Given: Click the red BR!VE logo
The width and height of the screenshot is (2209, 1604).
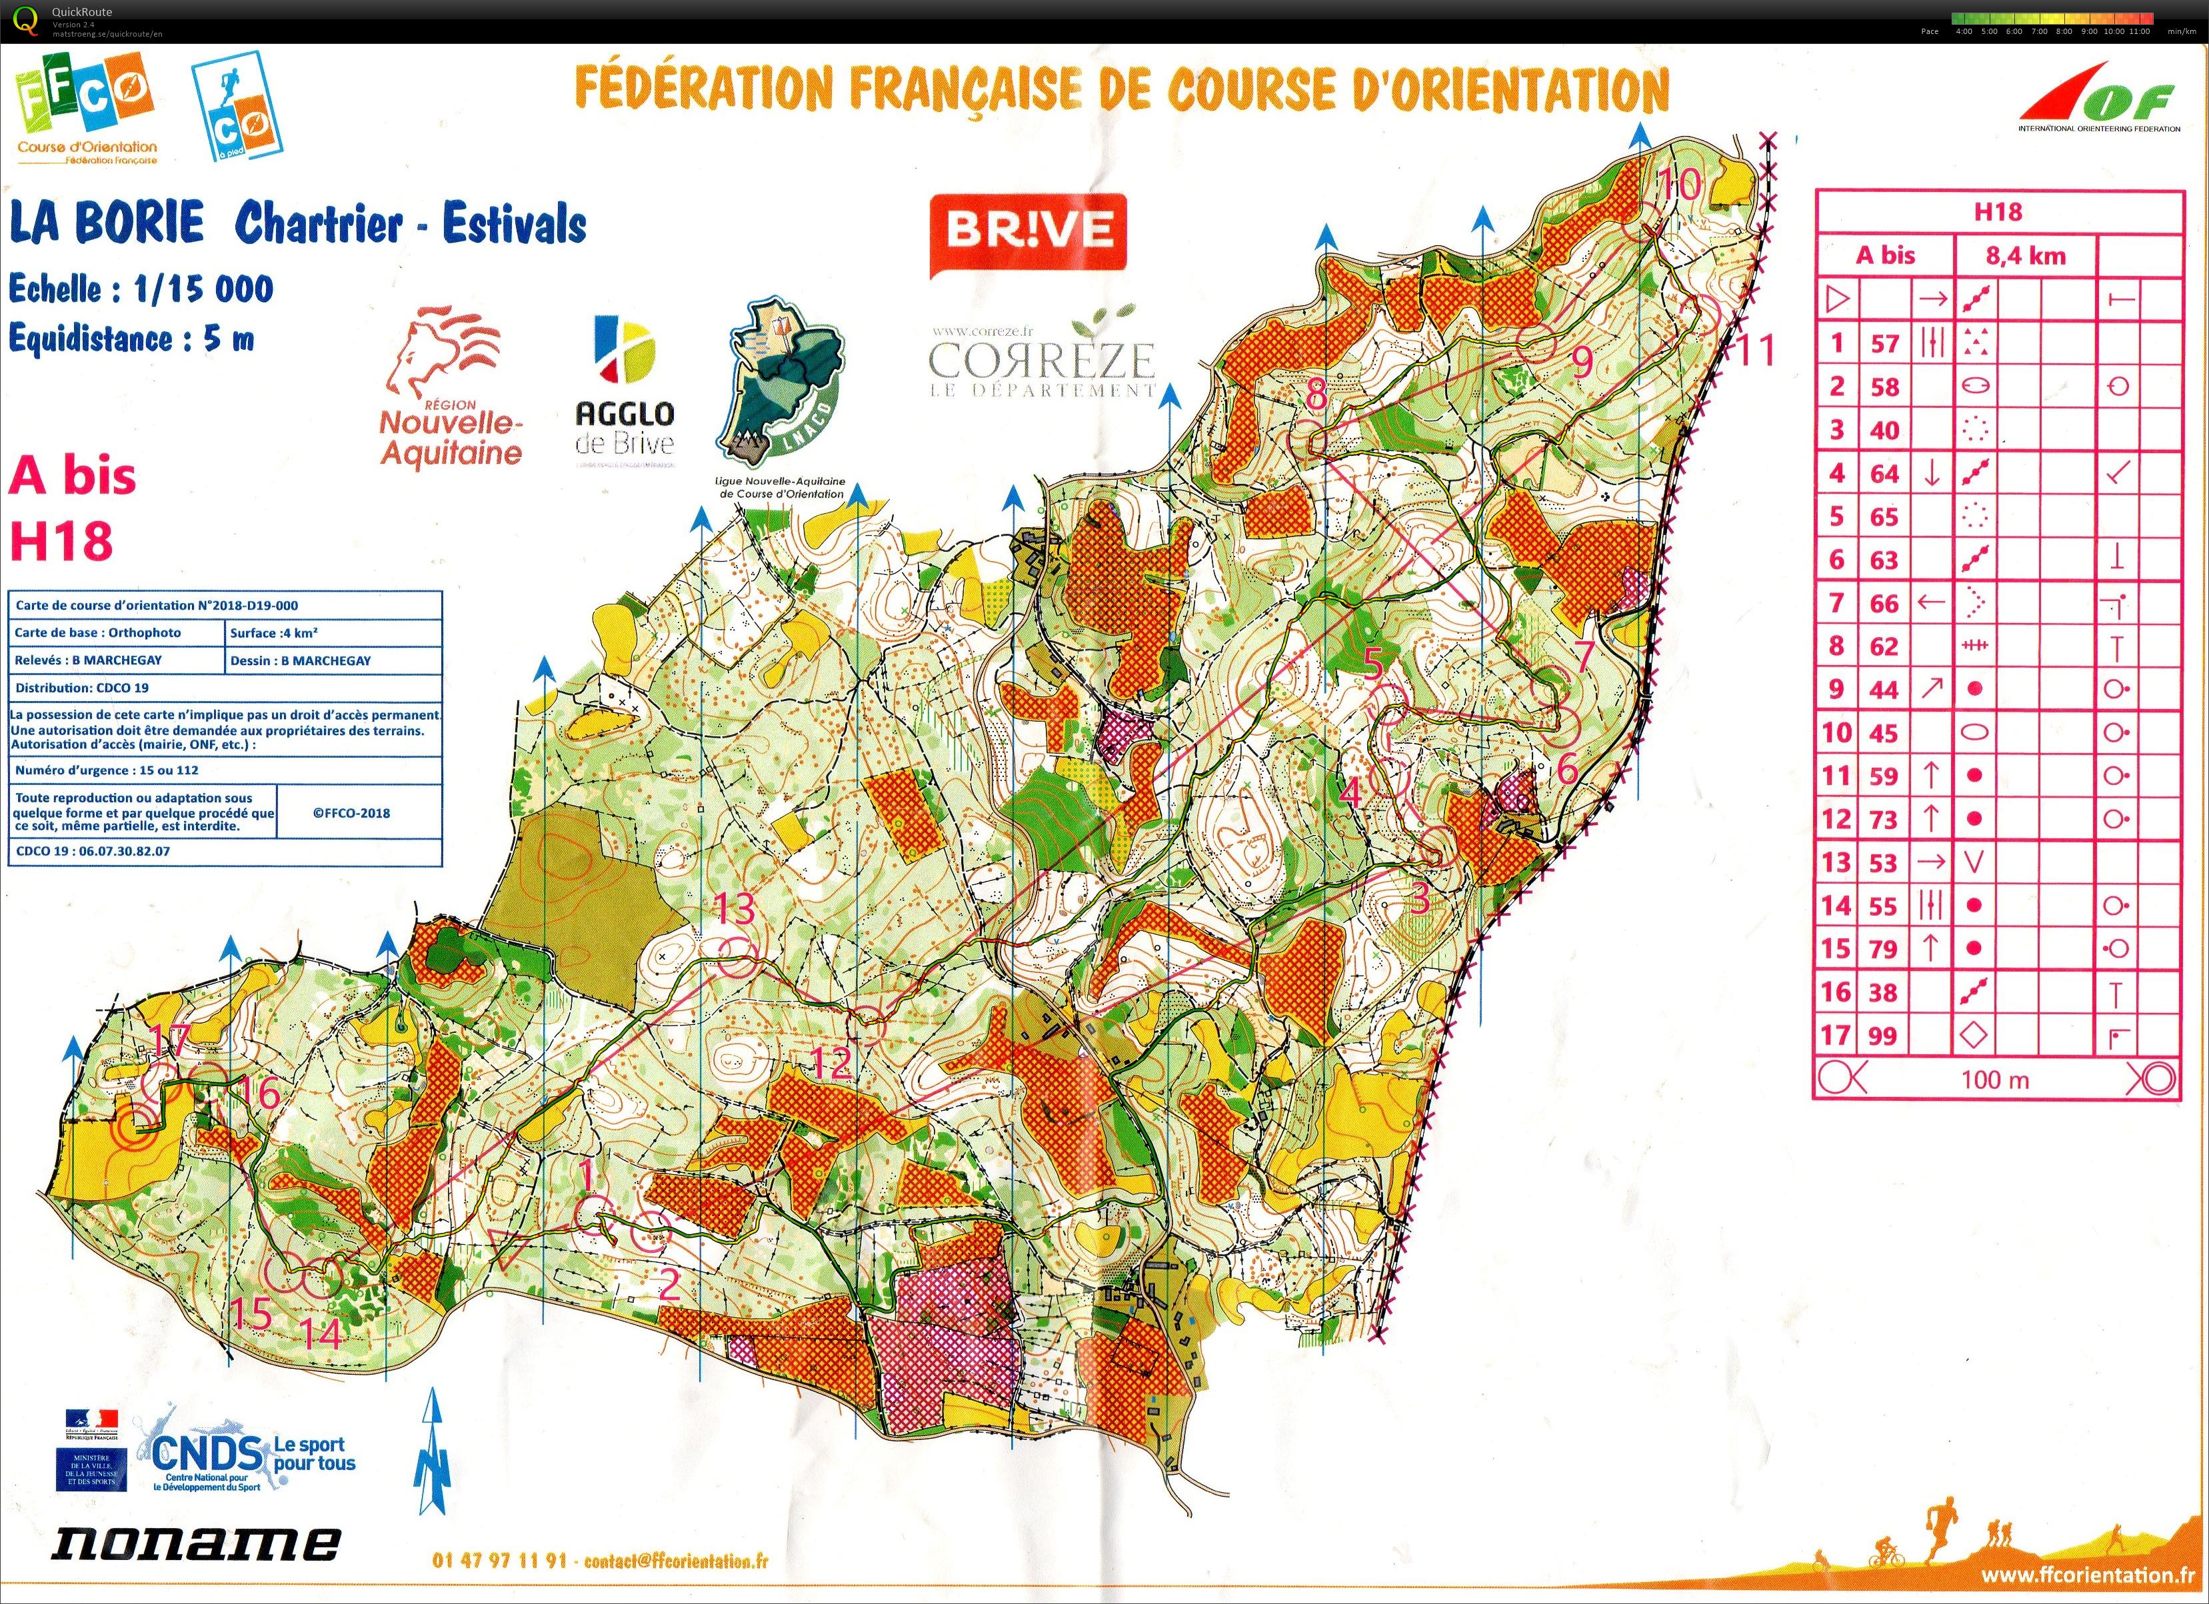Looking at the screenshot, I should pyautogui.click(x=1029, y=231).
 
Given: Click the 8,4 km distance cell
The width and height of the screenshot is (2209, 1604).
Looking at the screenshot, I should pyautogui.click(x=2026, y=256).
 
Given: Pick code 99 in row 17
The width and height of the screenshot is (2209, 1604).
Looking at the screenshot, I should pyautogui.click(x=1884, y=1036).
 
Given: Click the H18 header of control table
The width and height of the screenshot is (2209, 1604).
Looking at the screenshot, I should pyautogui.click(x=1998, y=211).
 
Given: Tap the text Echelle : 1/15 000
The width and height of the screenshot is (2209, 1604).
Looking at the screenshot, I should pyautogui.click(x=142, y=289).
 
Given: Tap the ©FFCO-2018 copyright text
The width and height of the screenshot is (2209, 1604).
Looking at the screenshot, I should pyautogui.click(x=351, y=813).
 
